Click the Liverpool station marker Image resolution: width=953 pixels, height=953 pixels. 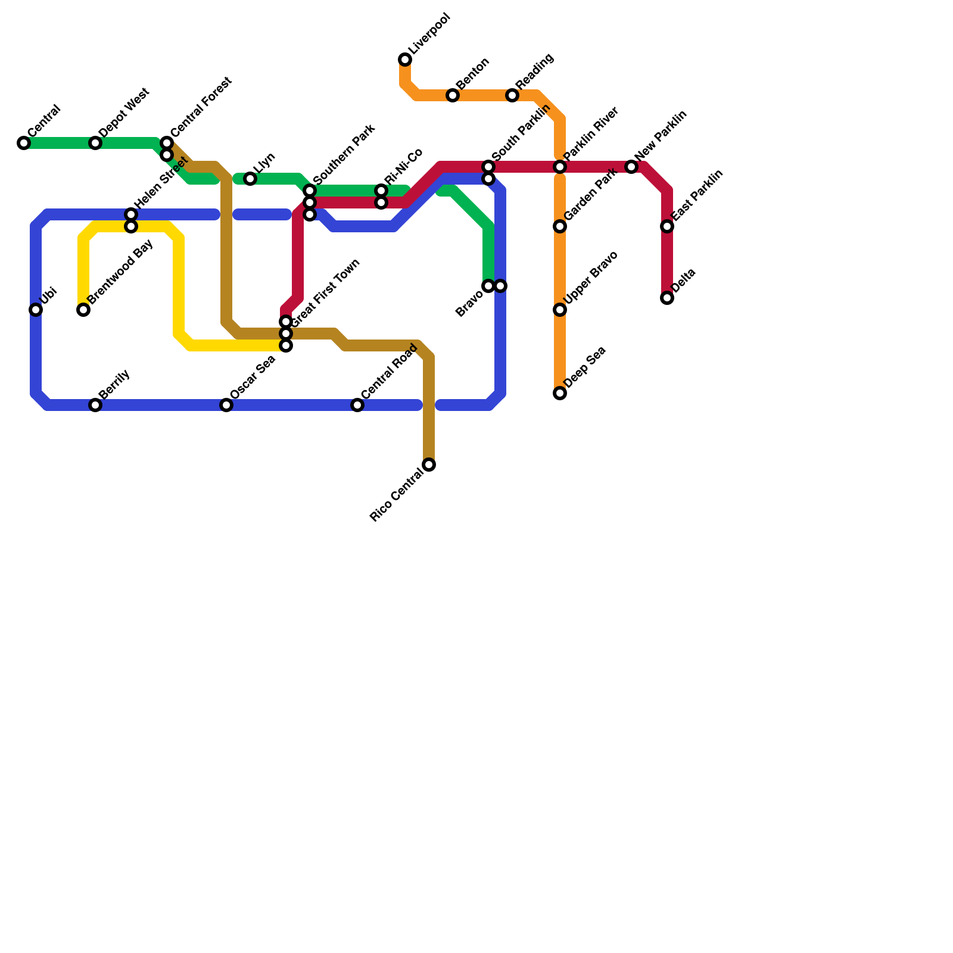405,60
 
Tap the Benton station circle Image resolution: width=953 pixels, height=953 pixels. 453,95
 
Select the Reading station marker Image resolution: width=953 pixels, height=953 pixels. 512,95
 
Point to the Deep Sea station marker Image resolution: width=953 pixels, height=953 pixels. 560,393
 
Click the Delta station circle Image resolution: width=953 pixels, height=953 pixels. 667,298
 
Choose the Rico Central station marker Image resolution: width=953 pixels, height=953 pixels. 429,465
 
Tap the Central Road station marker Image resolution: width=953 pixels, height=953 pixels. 357,405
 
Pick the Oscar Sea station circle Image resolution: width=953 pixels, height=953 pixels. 226,405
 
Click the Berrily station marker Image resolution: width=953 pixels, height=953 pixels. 95,405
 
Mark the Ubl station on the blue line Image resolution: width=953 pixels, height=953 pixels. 36,310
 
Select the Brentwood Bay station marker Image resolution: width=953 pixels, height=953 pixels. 83,310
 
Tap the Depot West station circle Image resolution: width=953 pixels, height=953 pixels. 95,143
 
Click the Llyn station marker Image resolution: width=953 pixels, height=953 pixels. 250,179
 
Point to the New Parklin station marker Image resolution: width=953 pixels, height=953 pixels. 631,167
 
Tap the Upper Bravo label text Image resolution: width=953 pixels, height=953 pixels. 590,279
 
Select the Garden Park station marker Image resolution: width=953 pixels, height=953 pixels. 560,226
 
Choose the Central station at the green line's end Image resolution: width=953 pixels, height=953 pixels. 24,143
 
